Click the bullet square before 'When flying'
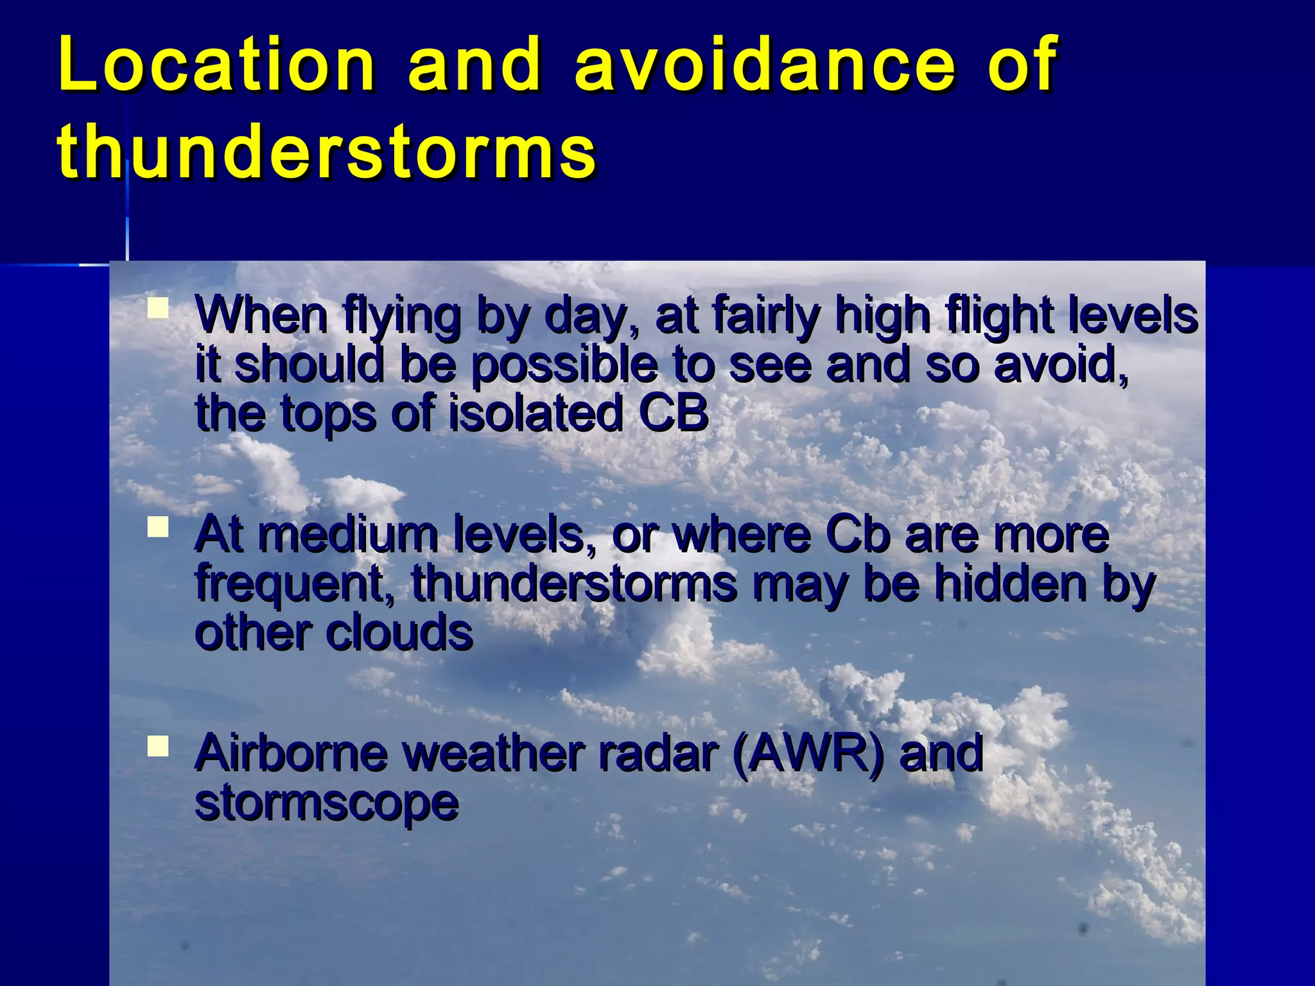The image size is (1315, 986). [157, 309]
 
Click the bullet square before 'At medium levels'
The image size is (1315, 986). [157, 528]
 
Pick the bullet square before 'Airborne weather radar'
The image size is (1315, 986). [157, 747]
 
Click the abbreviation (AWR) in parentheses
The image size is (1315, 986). [809, 753]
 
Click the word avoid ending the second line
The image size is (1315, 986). [1059, 364]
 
